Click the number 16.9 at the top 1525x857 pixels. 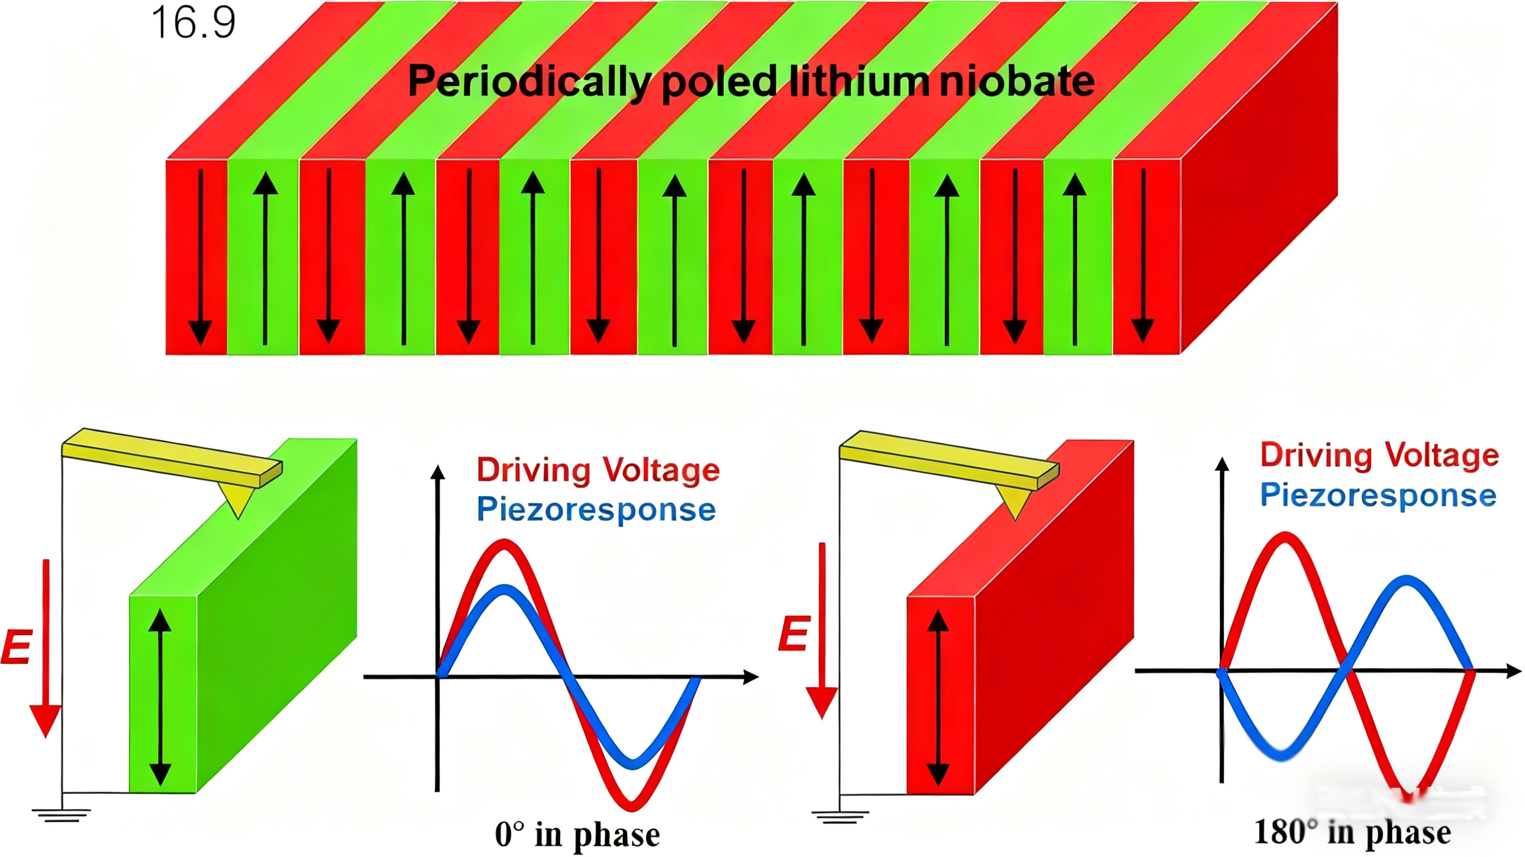tap(194, 22)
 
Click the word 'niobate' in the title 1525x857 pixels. tap(1017, 81)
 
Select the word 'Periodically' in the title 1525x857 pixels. tap(530, 82)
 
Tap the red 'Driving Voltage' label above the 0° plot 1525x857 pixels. tap(598, 470)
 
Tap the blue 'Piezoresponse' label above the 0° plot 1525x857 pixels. tap(596, 509)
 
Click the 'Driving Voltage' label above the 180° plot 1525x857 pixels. tap(1379, 455)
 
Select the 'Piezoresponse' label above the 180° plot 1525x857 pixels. tap(1378, 495)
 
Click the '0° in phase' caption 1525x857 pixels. tap(577, 835)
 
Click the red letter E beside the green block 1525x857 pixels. tap(16, 648)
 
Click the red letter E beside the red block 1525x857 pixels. tap(793, 633)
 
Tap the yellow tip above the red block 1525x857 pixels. tap(1016, 503)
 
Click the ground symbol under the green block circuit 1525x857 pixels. tap(61, 815)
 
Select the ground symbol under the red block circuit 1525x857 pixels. tap(840, 817)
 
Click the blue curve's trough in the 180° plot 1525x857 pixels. tap(1281, 755)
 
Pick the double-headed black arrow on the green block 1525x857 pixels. tap(160, 697)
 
